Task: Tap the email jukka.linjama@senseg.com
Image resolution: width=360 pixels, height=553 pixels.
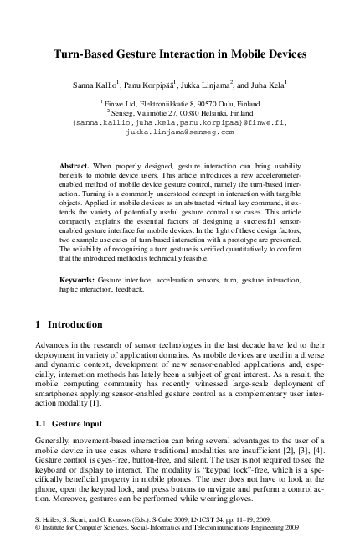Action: (x=180, y=132)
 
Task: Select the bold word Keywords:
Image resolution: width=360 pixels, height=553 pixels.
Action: (x=82, y=276)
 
